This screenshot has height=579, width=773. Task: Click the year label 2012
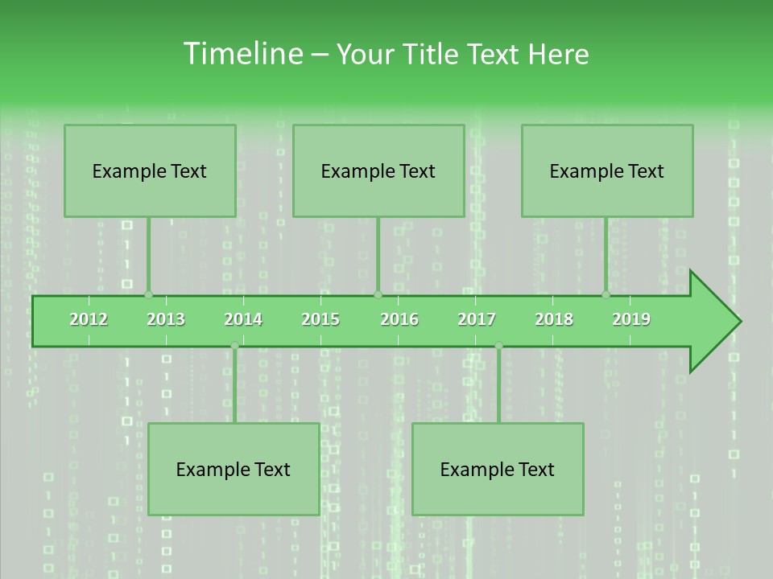(89, 319)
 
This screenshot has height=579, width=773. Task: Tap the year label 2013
(166, 319)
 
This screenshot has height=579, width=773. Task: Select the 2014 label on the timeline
(243, 319)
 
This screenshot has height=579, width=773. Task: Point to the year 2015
(320, 319)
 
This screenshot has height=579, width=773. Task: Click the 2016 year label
(399, 319)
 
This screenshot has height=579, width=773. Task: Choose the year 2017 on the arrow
(477, 319)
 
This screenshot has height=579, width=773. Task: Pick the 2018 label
(554, 319)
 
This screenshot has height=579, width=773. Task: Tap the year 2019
(631, 319)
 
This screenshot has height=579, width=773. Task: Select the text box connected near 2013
(150, 170)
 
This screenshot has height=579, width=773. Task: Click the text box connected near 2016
(378, 170)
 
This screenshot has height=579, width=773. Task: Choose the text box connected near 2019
(607, 170)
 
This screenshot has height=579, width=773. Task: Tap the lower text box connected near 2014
(234, 469)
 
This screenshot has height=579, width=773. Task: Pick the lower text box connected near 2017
(498, 469)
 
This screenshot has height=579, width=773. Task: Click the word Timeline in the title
(242, 54)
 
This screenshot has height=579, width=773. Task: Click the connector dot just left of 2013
(148, 295)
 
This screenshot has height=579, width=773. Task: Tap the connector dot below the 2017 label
(498, 346)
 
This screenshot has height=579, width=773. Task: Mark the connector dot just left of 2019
(606, 295)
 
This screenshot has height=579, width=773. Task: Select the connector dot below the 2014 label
(234, 346)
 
